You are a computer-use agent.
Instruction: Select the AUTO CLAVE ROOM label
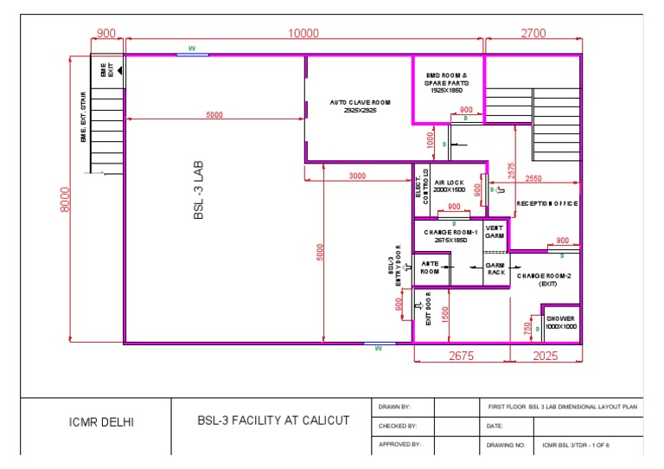(360, 106)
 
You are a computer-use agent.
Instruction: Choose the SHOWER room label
(560, 322)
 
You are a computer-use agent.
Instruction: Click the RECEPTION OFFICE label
(546, 203)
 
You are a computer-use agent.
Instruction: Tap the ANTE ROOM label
(430, 267)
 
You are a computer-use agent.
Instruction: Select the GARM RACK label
(495, 268)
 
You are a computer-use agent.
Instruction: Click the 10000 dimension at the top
(303, 33)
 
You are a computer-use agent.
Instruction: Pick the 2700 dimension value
(533, 33)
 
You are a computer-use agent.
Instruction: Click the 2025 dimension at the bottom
(546, 356)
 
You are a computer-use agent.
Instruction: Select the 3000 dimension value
(356, 176)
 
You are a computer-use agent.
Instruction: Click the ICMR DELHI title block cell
(101, 423)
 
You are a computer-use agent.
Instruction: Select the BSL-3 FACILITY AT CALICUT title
(273, 421)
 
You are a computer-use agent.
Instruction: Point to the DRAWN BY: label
(394, 406)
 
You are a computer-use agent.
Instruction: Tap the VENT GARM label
(495, 231)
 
